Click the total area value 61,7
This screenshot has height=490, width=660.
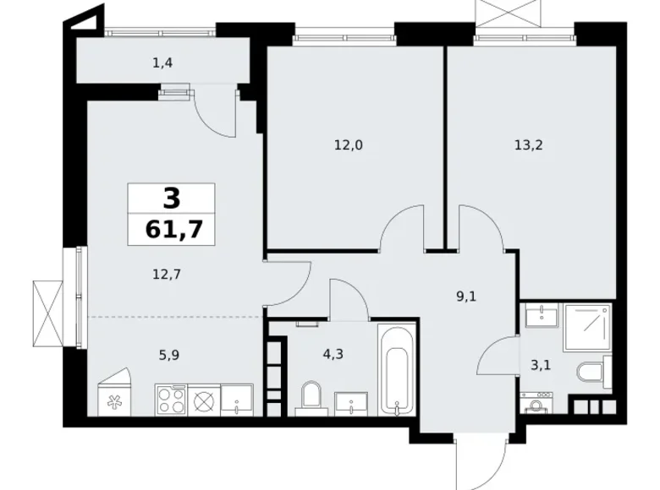pyautogui.click(x=171, y=229)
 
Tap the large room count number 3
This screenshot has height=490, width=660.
pyautogui.click(x=171, y=199)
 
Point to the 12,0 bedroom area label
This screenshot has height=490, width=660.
pyautogui.click(x=348, y=144)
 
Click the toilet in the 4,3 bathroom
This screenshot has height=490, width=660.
pyautogui.click(x=311, y=396)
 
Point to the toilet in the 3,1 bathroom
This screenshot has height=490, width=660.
pyautogui.click(x=591, y=371)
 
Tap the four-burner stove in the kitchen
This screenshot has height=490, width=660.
pyautogui.click(x=171, y=399)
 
